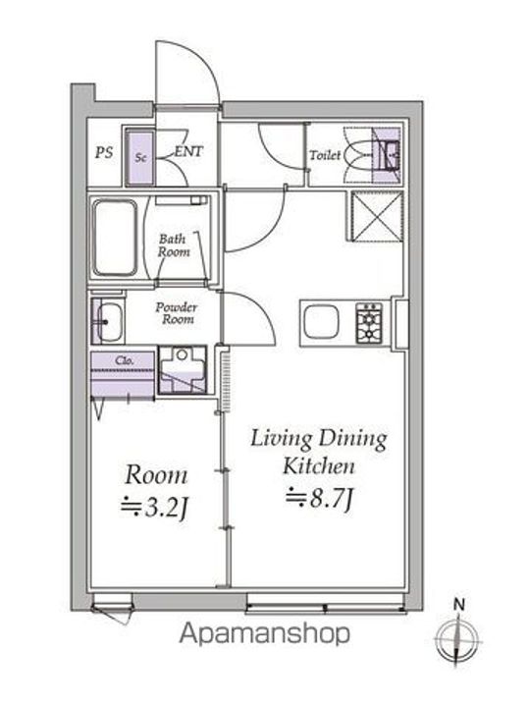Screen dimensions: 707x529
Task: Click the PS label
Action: [x=102, y=152]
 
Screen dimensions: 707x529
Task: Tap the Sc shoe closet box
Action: [x=140, y=156]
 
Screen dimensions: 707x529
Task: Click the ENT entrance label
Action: [x=188, y=152]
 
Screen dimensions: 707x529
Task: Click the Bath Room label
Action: [x=174, y=245]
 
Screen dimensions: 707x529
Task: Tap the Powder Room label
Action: [x=177, y=313]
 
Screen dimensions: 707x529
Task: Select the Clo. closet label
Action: [x=125, y=360]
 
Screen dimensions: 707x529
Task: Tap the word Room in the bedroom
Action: [x=155, y=475]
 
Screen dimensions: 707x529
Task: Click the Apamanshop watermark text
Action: [x=264, y=633]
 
